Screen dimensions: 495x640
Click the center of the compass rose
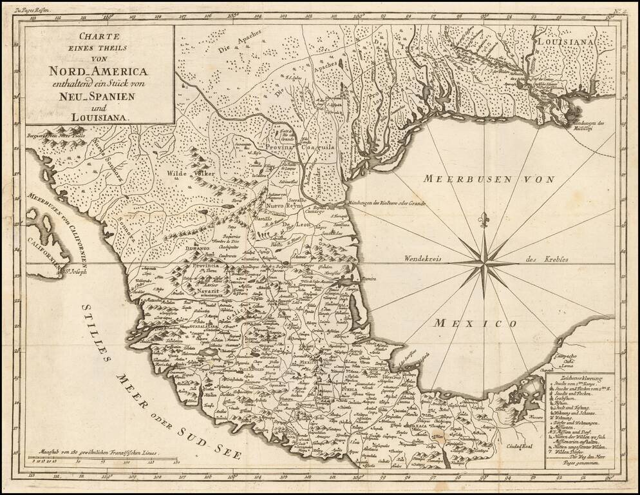pyautogui.click(x=484, y=263)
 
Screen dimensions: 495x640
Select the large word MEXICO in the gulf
pyautogui.click(x=475, y=322)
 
